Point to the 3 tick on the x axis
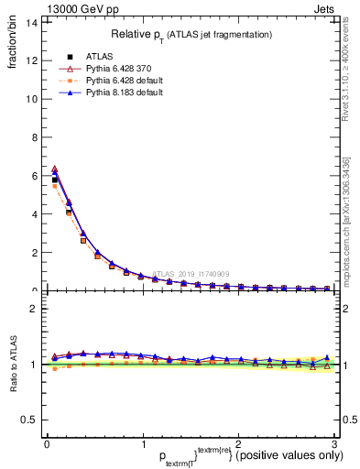[334, 444]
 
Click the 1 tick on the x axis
[143, 444]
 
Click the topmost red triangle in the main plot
[55, 169]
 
